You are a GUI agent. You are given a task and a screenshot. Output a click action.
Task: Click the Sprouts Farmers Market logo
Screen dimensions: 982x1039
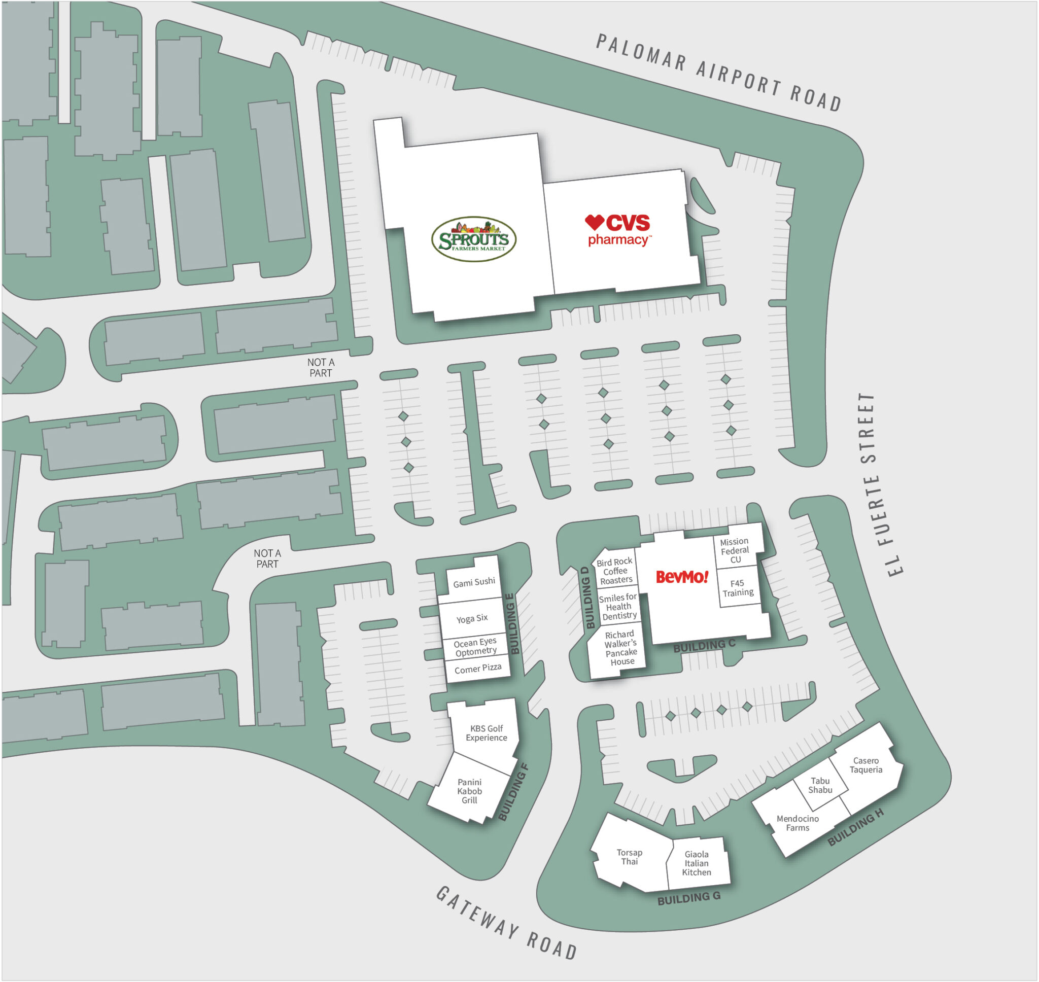point(473,239)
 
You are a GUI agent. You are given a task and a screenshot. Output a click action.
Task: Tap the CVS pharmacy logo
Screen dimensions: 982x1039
point(617,229)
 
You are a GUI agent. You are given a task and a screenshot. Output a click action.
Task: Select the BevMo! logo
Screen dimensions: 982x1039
point(681,577)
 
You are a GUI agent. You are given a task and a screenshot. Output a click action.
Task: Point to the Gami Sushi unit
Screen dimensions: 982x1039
point(474,582)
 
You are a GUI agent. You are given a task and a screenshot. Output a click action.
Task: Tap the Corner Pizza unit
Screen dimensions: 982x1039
point(477,669)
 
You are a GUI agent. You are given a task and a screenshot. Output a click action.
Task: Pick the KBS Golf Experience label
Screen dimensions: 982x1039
point(486,733)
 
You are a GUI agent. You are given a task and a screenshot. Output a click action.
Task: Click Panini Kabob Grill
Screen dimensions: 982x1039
point(469,791)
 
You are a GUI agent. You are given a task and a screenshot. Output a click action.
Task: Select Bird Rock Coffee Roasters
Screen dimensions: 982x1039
point(615,571)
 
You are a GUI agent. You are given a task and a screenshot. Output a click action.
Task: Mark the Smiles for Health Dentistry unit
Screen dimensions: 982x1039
point(618,607)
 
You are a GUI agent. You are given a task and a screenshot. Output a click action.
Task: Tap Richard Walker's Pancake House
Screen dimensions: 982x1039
point(620,648)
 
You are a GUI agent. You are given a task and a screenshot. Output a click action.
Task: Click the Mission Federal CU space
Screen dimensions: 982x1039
point(735,550)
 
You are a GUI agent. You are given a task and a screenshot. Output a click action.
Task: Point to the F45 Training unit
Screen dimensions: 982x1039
point(738,587)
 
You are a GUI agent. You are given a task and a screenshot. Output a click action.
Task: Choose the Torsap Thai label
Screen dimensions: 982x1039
point(629,857)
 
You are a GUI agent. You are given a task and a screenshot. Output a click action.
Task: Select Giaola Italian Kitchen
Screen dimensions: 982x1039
point(696,863)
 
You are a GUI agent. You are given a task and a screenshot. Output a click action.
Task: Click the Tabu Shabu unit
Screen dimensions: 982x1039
point(820,785)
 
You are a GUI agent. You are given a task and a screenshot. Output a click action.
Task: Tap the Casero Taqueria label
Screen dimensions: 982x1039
point(865,765)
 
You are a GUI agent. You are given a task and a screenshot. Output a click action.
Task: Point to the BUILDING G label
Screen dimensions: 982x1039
point(689,898)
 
